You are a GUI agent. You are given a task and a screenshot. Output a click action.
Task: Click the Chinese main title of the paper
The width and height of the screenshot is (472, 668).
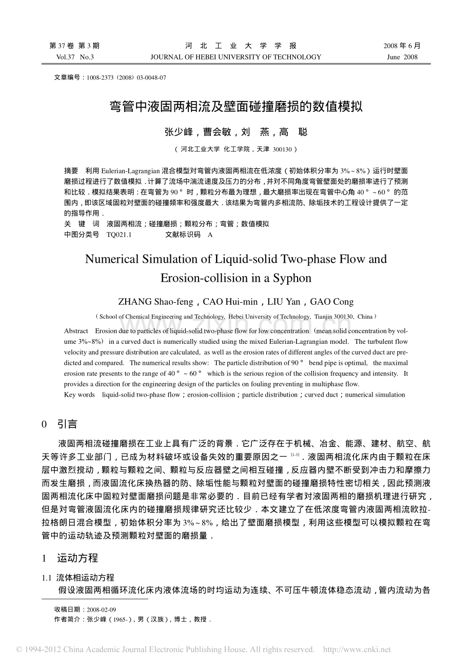[237, 107]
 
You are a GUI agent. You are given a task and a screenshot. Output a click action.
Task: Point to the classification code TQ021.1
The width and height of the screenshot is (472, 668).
[119, 234]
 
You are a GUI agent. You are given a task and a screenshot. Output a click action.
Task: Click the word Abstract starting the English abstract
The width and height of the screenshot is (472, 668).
[76, 331]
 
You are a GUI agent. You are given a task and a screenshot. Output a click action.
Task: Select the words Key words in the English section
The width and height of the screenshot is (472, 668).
[80, 395]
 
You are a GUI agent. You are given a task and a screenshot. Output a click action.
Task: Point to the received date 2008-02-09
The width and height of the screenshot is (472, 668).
[102, 610]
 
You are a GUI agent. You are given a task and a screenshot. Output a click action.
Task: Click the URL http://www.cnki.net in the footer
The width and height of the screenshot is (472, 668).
[357, 650]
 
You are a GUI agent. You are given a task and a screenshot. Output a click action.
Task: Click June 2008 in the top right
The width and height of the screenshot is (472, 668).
[402, 57]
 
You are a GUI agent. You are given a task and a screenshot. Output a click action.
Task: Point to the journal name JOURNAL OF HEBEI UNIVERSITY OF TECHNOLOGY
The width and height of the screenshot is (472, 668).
[235, 57]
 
